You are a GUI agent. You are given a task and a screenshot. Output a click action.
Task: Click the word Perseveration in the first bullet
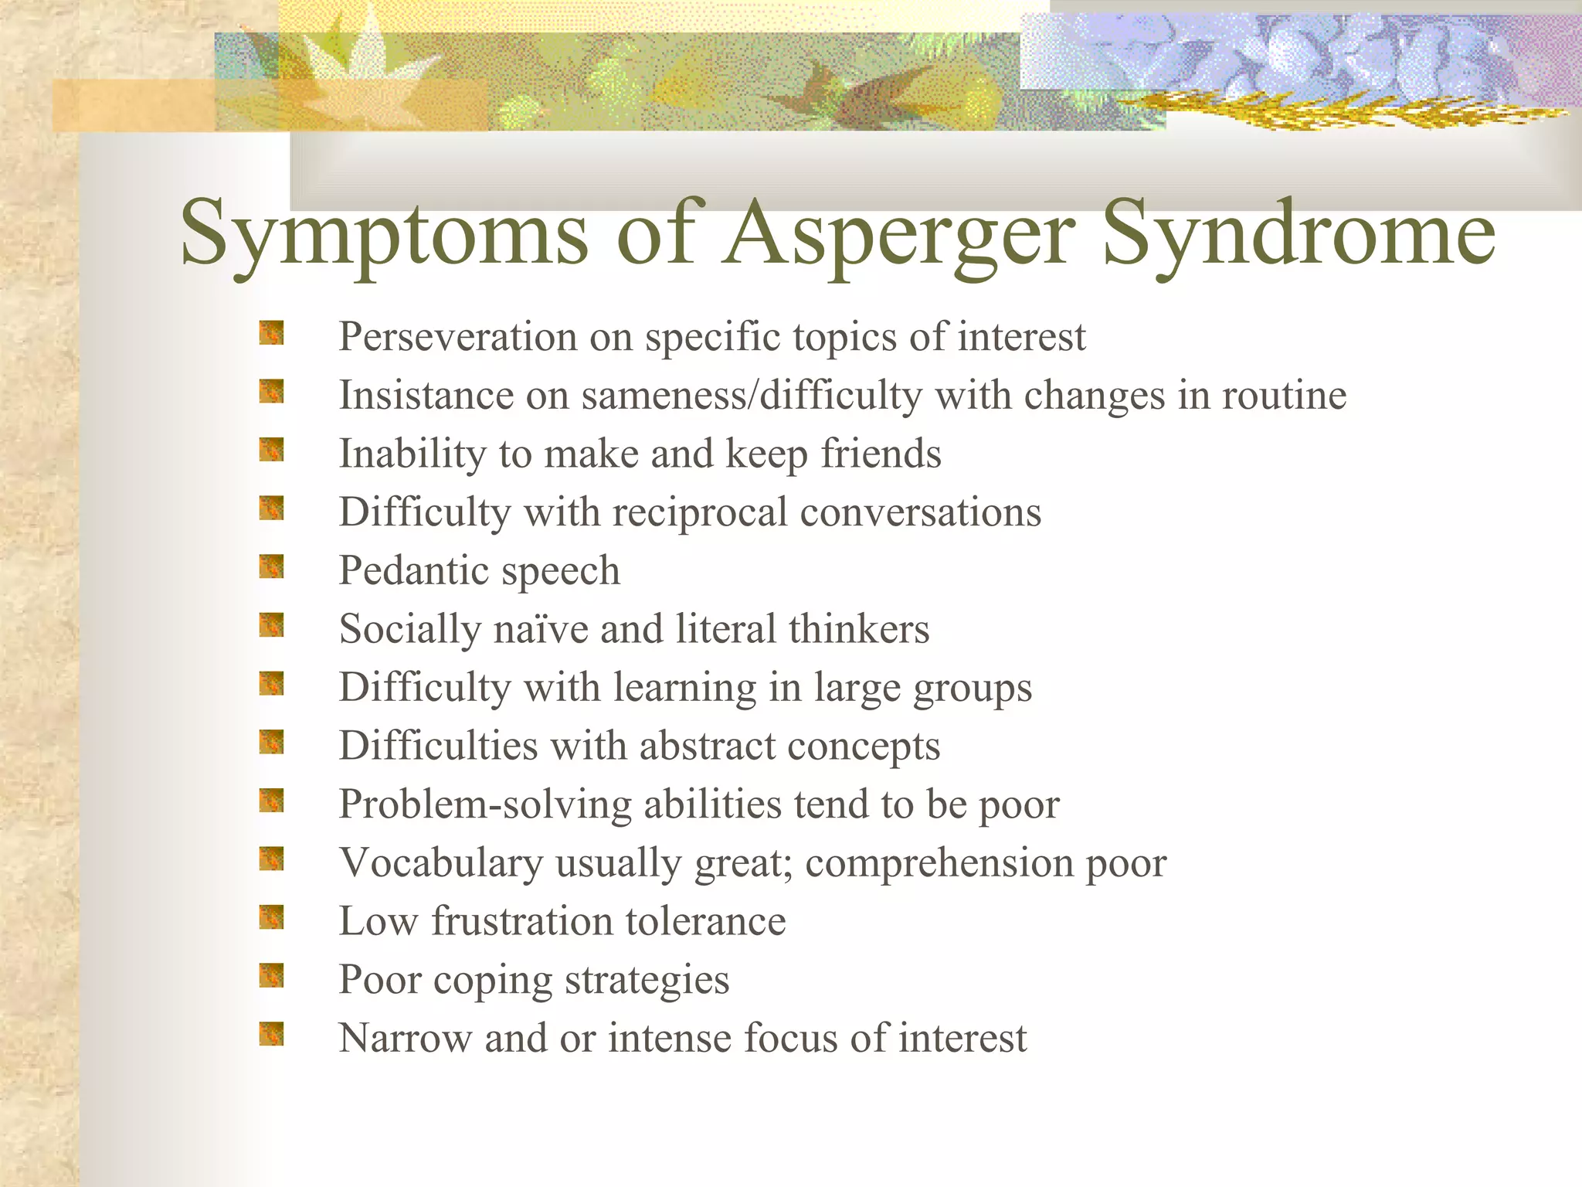pyautogui.click(x=458, y=337)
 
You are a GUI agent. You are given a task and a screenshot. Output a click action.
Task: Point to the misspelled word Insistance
pyautogui.click(x=426, y=395)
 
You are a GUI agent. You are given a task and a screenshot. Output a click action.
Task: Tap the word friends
pyautogui.click(x=881, y=454)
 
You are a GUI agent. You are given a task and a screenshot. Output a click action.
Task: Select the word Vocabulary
pyautogui.click(x=441, y=862)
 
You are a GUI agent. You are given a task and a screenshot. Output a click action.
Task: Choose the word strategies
pyautogui.click(x=647, y=981)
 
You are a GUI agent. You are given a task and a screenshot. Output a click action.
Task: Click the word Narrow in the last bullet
pyautogui.click(x=405, y=1038)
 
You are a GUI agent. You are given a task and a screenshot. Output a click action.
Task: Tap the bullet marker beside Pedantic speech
pyautogui.click(x=271, y=566)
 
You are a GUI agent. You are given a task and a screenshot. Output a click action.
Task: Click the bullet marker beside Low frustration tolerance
pyautogui.click(x=271, y=917)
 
